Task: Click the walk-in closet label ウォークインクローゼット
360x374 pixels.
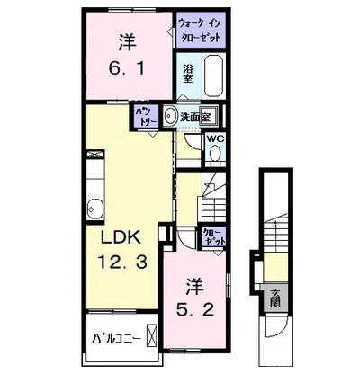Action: click(x=200, y=31)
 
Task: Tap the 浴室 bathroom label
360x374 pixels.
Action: click(x=188, y=74)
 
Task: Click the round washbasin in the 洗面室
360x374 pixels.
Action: click(x=171, y=116)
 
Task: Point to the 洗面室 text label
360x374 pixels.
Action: click(x=194, y=117)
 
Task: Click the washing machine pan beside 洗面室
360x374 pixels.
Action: click(x=209, y=114)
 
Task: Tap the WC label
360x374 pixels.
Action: click(x=215, y=138)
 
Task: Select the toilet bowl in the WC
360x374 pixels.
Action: click(x=215, y=154)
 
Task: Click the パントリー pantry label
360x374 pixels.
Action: click(x=147, y=117)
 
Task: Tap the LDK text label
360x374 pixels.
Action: click(x=121, y=237)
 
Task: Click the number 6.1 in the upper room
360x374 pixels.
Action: click(x=127, y=69)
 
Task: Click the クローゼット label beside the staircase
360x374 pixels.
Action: click(x=213, y=236)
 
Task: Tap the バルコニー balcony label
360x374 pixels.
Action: click(x=116, y=340)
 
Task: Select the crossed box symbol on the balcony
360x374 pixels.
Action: click(x=151, y=335)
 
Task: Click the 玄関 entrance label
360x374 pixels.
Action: click(x=274, y=298)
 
